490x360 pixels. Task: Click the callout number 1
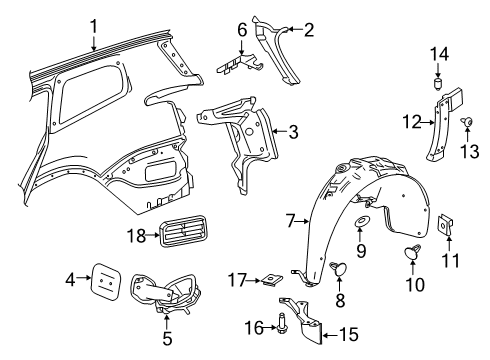pyautogui.click(x=93, y=27)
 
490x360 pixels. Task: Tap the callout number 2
pyautogui.click(x=310, y=30)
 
